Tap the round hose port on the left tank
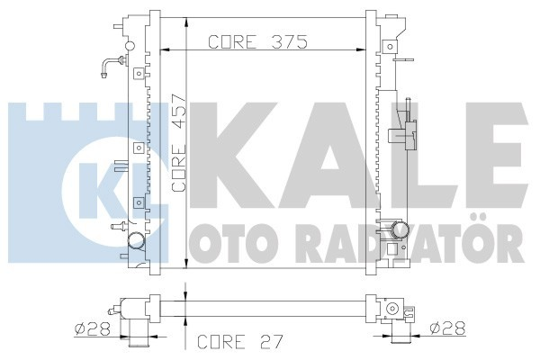click(x=137, y=241)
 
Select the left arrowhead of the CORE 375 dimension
click(x=163, y=50)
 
